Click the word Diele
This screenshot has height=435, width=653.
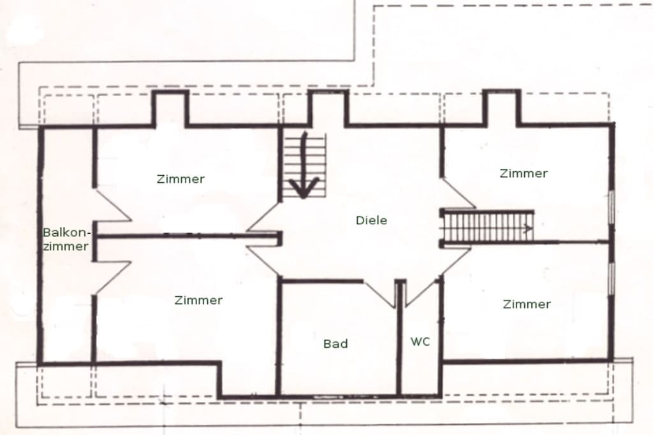pyautogui.click(x=372, y=220)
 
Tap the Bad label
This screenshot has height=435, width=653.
pyautogui.click(x=335, y=343)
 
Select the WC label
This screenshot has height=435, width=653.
pyautogui.click(x=420, y=341)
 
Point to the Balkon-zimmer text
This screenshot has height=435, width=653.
pyautogui.click(x=66, y=239)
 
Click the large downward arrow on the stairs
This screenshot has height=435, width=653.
pyautogui.click(x=304, y=166)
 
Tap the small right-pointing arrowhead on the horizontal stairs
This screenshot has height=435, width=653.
pyautogui.click(x=528, y=228)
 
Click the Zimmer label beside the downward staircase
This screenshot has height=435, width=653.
pyautogui.click(x=180, y=179)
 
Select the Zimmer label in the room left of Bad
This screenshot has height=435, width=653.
pyautogui.click(x=198, y=300)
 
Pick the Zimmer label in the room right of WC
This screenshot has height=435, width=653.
pyautogui.click(x=527, y=304)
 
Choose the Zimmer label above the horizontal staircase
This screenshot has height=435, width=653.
pyautogui.click(x=524, y=173)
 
